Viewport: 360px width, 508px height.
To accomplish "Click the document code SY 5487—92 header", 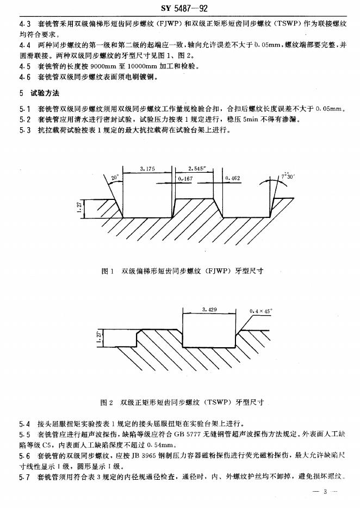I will click(180, 7).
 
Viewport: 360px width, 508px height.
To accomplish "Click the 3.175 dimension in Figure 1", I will click(147, 169).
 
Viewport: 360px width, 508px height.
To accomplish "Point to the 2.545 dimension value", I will click(197, 169).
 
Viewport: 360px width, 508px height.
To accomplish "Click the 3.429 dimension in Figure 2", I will click(209, 309).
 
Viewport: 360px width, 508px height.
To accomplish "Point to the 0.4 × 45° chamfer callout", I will click(261, 311).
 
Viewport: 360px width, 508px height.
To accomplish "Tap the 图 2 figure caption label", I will click(107, 403).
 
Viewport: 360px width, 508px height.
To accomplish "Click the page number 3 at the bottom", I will click(324, 492).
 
